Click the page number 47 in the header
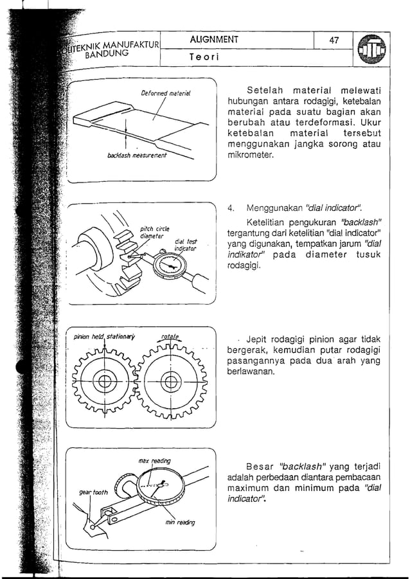tap(334, 40)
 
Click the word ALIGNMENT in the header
tap(214, 40)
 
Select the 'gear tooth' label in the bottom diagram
tap(93, 492)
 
